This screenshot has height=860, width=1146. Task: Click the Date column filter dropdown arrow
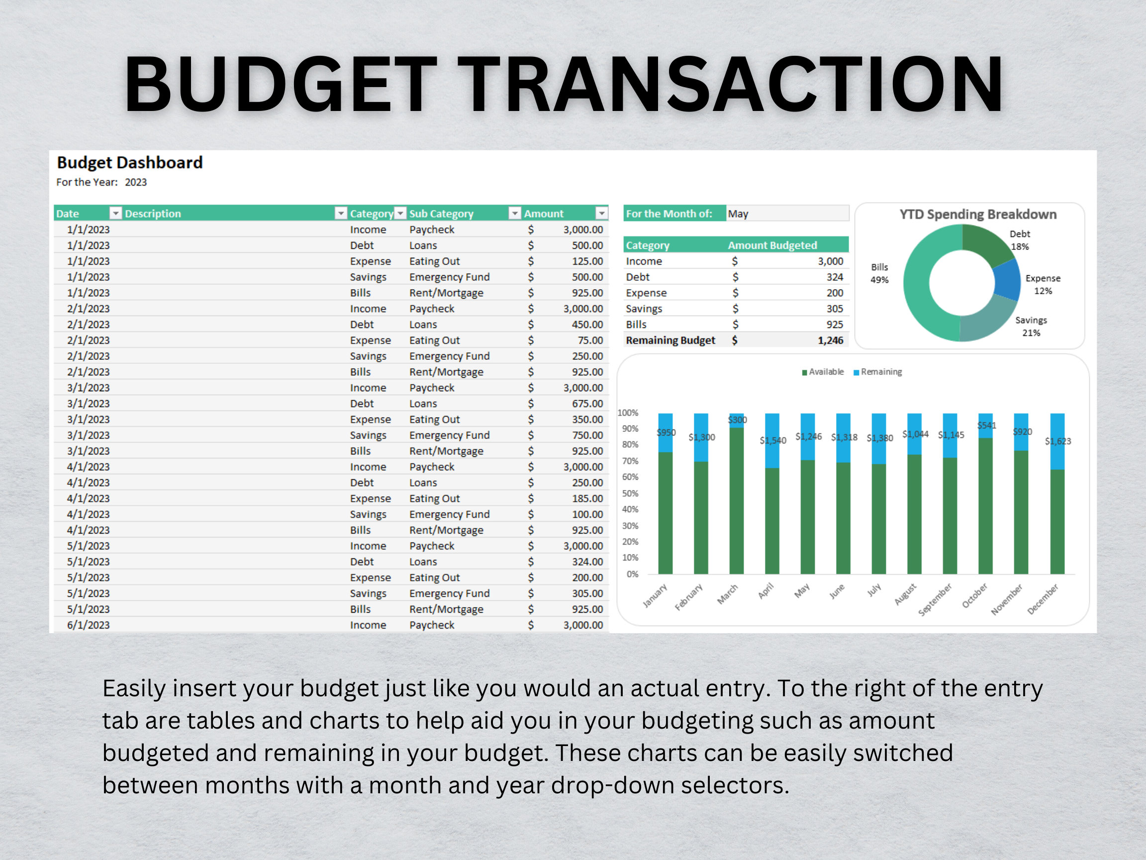(115, 214)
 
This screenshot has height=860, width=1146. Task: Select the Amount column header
(544, 214)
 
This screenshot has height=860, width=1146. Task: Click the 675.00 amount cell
(587, 403)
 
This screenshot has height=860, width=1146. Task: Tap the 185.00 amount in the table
(587, 498)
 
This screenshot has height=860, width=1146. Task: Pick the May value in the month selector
(738, 214)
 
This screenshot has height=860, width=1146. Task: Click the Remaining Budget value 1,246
(830, 340)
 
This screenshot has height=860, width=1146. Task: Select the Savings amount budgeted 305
(834, 309)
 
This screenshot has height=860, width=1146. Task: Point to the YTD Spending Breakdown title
(977, 214)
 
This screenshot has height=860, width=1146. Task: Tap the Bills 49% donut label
(879, 273)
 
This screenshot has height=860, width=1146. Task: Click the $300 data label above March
(737, 420)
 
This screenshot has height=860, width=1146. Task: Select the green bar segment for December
(1057, 521)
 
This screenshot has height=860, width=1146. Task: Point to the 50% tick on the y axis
(630, 493)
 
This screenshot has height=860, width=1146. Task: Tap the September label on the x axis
(935, 600)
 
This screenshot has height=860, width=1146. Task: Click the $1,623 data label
(1057, 441)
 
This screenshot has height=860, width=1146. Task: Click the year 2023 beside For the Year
(136, 183)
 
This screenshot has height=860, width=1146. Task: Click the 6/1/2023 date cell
(88, 625)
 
